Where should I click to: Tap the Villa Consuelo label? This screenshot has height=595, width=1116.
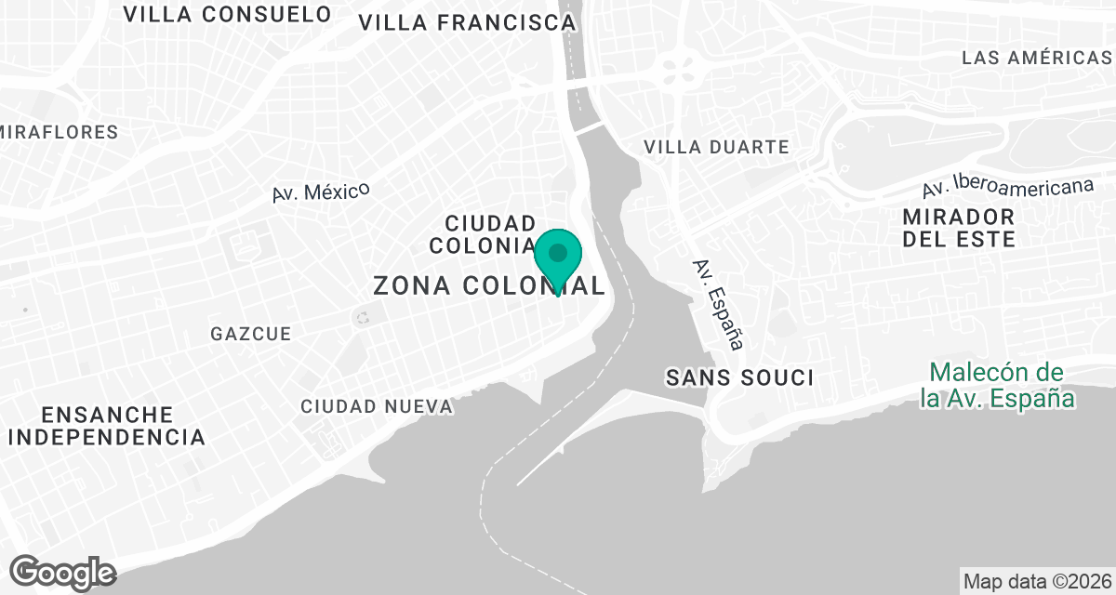227,14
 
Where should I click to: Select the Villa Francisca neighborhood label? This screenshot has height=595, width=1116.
467,22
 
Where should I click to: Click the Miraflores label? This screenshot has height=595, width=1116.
60,132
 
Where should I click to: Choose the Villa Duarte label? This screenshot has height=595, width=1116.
716,147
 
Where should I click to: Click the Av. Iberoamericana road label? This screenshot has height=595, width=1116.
1007,187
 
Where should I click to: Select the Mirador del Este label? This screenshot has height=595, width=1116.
958,228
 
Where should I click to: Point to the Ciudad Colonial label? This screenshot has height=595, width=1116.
490,233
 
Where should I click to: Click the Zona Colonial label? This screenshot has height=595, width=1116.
488,285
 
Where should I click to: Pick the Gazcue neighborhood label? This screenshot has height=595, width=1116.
250,334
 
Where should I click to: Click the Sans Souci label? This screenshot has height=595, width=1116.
739,377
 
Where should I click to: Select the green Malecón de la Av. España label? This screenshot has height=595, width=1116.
996,386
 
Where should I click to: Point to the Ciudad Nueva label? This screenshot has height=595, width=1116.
377,407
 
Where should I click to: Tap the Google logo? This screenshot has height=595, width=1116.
63,572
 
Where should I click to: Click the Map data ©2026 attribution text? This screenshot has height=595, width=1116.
1037,582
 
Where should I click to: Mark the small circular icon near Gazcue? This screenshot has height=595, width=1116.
362,318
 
